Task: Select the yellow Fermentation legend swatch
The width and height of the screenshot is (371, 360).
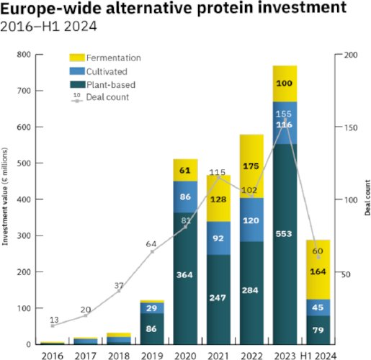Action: [79, 58]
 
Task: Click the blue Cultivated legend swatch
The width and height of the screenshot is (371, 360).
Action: [79, 71]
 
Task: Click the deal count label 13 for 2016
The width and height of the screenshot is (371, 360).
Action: [53, 319]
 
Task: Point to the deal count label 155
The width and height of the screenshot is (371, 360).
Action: [284, 114]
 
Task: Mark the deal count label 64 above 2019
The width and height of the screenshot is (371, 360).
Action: [152, 244]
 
